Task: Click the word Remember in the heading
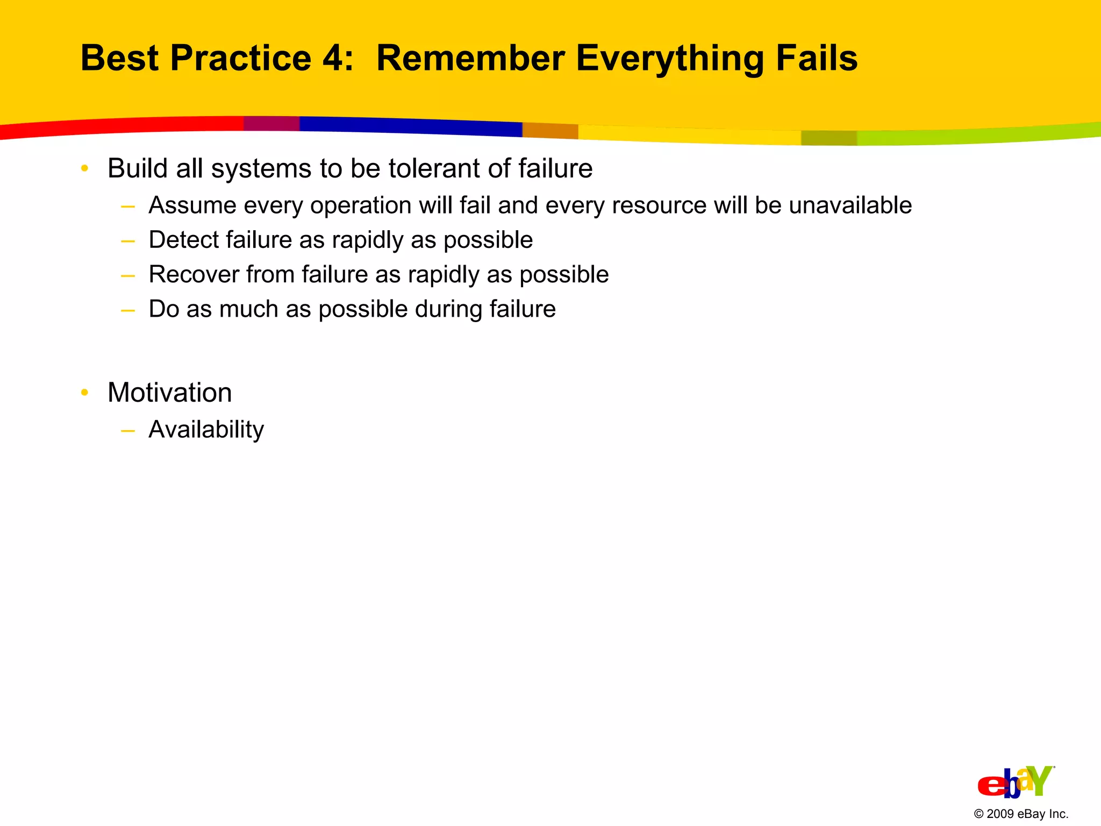coord(470,58)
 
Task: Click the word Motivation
coord(169,393)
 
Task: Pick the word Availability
coord(206,430)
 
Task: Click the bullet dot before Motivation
coord(84,393)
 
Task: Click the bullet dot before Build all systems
coord(84,169)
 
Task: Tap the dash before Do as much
coord(128,310)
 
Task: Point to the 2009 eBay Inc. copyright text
coord(1020,814)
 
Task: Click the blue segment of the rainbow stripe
coord(409,126)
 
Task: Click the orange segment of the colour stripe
coord(550,131)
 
